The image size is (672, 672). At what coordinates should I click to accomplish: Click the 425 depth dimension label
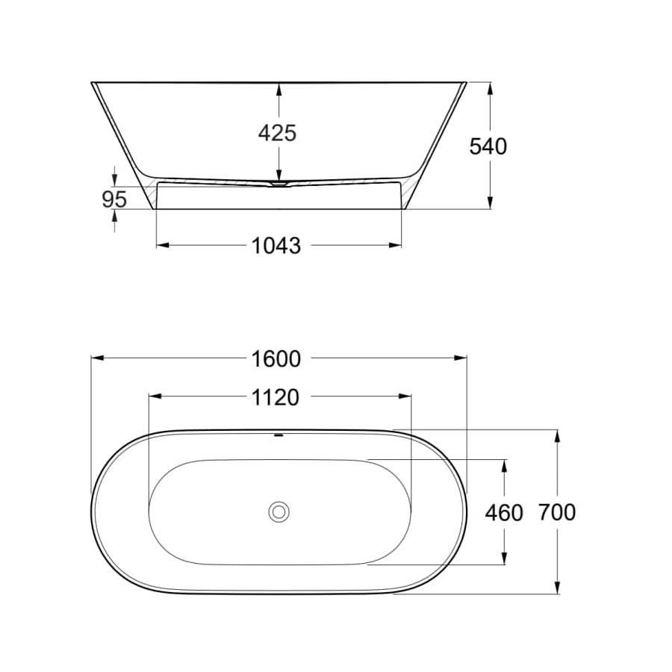tap(277, 134)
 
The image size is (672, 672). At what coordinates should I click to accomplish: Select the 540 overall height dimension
tap(488, 146)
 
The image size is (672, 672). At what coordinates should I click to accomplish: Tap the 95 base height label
tap(114, 199)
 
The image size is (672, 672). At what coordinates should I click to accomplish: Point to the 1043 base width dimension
tap(276, 246)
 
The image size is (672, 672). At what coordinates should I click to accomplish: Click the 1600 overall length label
tap(276, 359)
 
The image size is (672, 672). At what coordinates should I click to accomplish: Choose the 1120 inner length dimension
tap(275, 398)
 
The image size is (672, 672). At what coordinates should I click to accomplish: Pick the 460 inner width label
tap(504, 513)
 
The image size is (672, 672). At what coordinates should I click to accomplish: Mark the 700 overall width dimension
tap(557, 512)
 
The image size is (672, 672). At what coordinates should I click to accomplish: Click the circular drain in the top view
tap(279, 511)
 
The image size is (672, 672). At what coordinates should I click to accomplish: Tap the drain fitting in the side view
tap(279, 184)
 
